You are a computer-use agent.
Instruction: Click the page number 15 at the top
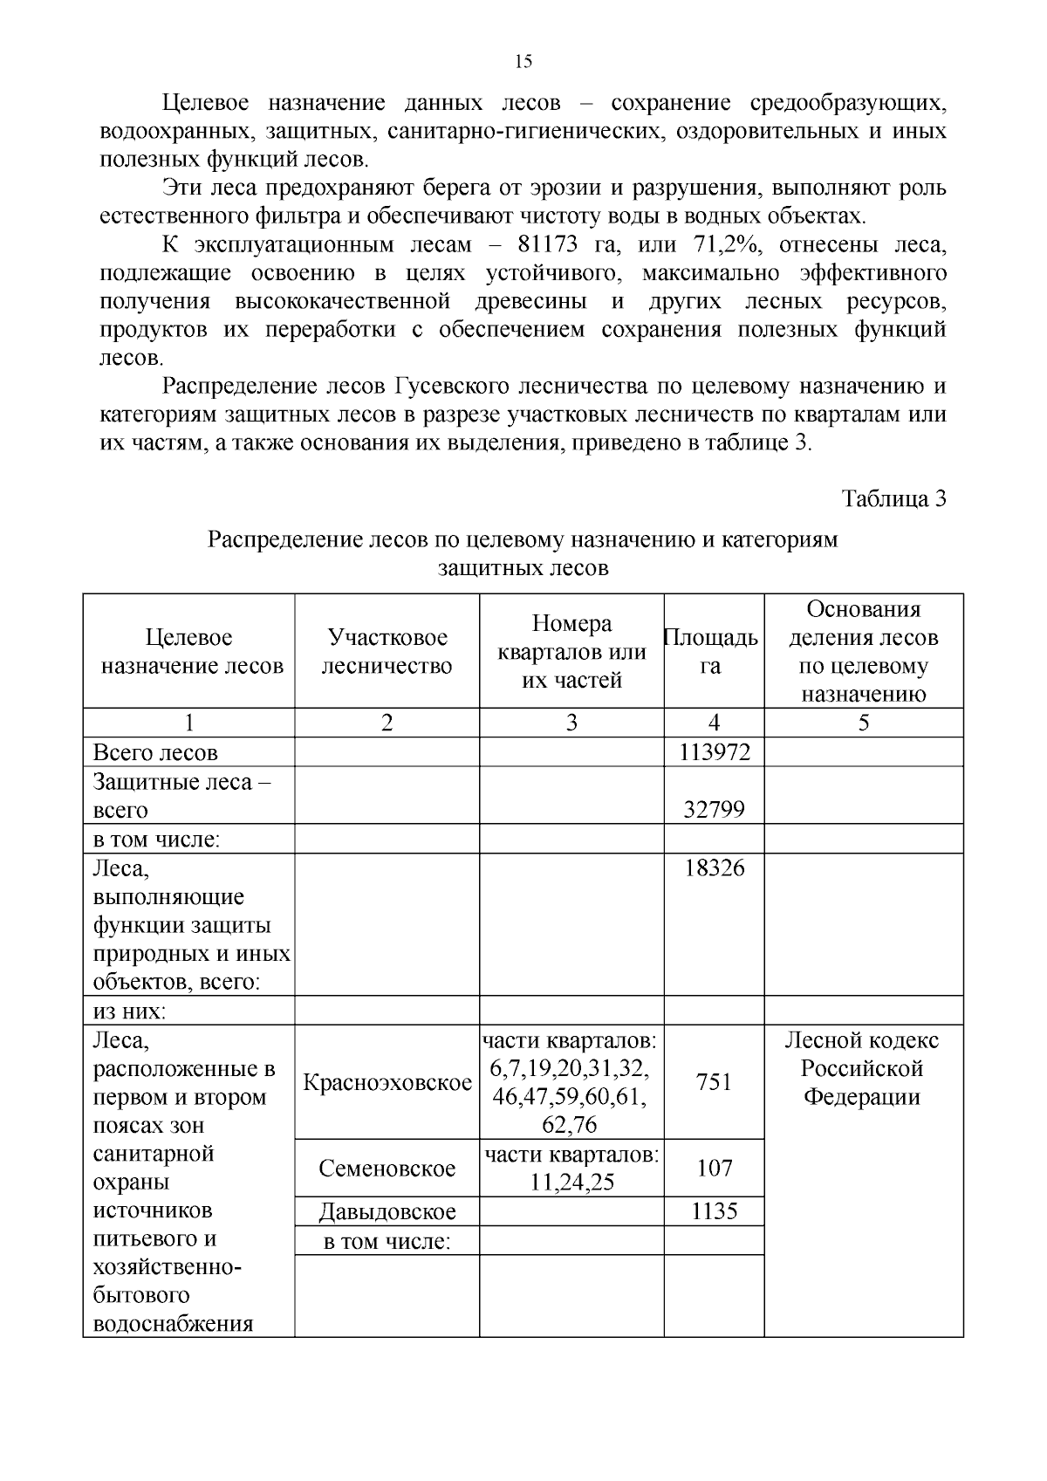point(523,61)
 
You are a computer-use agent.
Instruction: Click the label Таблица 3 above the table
point(893,498)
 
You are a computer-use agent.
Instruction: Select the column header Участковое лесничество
point(387,652)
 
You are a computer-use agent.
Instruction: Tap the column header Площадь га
point(712,652)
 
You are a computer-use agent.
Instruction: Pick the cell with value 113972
point(714,752)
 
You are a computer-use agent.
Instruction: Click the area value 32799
point(714,810)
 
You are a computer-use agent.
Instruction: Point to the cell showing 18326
point(714,868)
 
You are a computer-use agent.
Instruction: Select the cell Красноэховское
point(387,1083)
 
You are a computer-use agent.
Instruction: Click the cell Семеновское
point(387,1169)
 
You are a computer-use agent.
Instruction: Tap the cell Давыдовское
point(387,1211)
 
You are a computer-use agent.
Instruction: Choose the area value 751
point(714,1083)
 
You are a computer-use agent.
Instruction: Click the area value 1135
point(714,1211)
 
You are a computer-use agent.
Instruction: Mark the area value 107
point(714,1169)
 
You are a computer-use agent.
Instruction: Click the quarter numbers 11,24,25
point(571,1183)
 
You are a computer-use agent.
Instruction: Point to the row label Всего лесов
point(155,752)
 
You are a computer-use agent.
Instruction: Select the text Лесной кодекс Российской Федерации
point(862,1068)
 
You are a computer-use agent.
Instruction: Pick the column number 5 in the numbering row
point(864,723)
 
